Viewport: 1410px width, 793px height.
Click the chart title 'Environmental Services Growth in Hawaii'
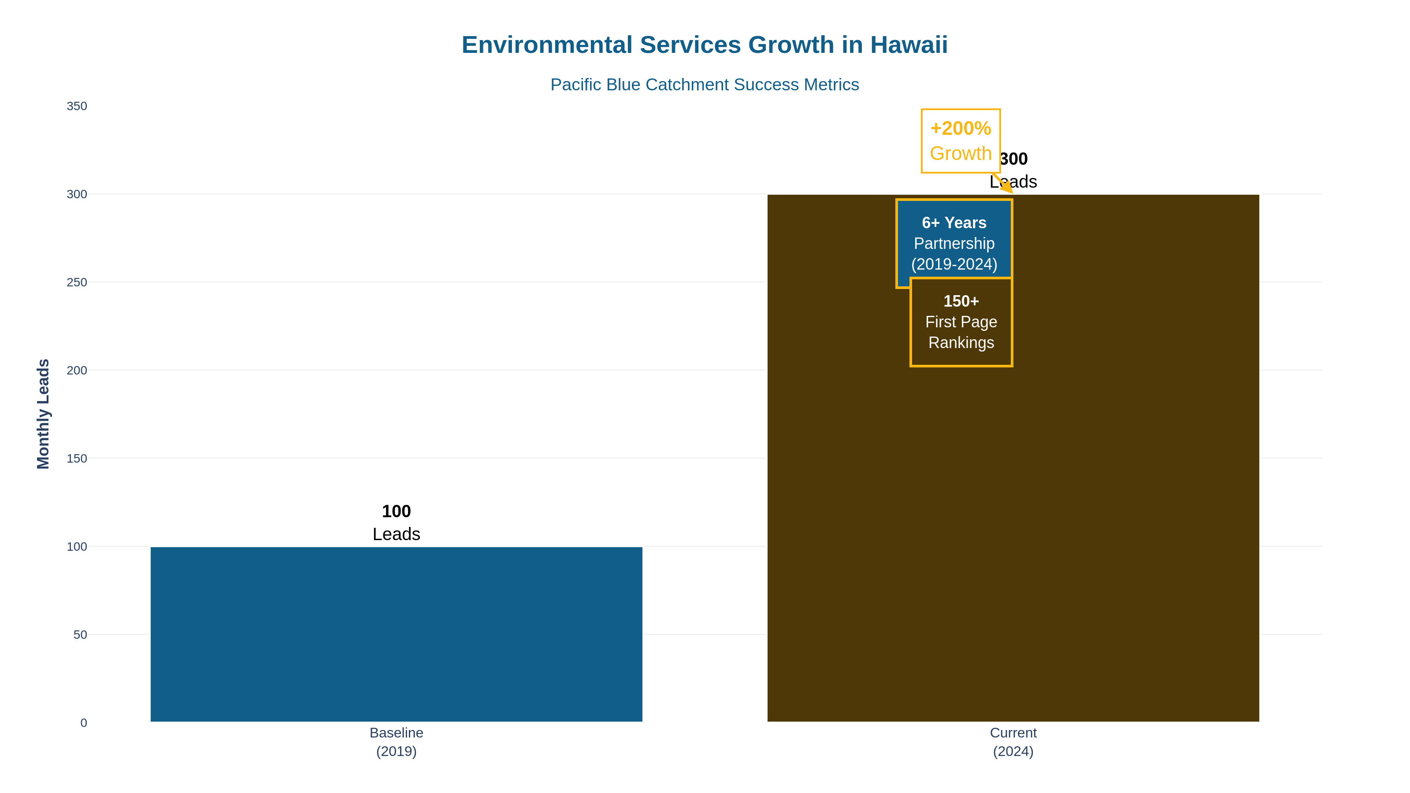(705, 45)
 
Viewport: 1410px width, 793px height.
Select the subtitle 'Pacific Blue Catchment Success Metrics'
(705, 85)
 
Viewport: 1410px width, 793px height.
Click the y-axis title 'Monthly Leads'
(43, 414)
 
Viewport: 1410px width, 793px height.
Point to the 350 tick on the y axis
(77, 106)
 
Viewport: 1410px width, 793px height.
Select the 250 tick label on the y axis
(77, 282)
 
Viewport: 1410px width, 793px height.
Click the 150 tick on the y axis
(77, 459)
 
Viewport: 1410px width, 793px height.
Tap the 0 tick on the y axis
(83, 723)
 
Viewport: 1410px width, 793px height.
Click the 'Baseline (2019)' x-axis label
(396, 741)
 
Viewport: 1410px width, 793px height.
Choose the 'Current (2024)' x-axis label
(1013, 741)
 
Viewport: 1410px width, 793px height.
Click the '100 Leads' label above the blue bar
(396, 522)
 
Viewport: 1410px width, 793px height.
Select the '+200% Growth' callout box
(961, 141)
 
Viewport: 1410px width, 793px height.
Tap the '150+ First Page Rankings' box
(961, 322)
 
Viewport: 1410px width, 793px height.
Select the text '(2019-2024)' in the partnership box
(954, 264)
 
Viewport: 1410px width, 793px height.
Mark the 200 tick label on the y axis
(77, 371)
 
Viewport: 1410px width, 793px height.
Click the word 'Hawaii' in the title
(909, 45)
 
